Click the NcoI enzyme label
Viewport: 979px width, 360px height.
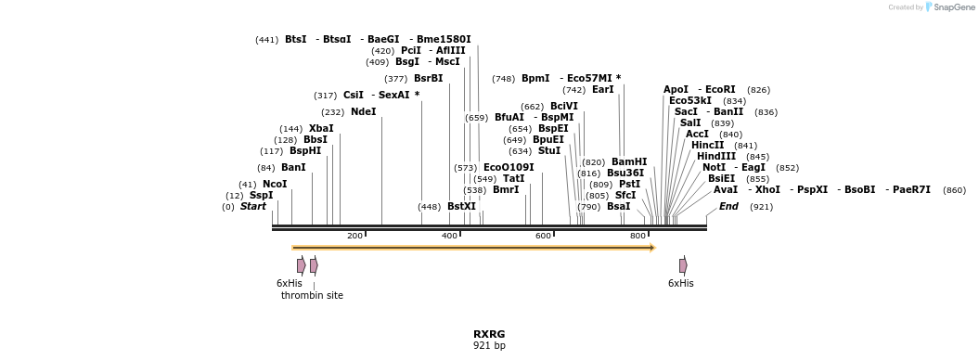[x=275, y=184]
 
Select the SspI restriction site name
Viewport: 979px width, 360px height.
[x=261, y=195]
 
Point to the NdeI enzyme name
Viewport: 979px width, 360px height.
[x=364, y=111]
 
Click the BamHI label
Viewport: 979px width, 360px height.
[x=629, y=161]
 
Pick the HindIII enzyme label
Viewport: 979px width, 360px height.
[x=716, y=156]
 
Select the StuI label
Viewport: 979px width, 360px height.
[x=549, y=150]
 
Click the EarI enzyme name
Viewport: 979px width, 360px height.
[x=603, y=89]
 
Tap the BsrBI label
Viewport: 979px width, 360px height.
[x=428, y=78]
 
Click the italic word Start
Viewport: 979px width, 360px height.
[x=252, y=206]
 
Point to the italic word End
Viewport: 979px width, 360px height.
[x=728, y=206]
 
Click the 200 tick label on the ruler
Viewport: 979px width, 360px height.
[x=354, y=236]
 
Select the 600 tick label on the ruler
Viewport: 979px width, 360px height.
[x=543, y=236]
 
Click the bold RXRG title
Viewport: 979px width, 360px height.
[x=489, y=334]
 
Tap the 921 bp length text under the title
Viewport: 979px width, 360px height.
[x=489, y=346]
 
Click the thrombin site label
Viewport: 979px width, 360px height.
[x=312, y=295]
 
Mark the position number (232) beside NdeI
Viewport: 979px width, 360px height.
[x=333, y=111]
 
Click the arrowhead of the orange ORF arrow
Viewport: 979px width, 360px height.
[x=652, y=248]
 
